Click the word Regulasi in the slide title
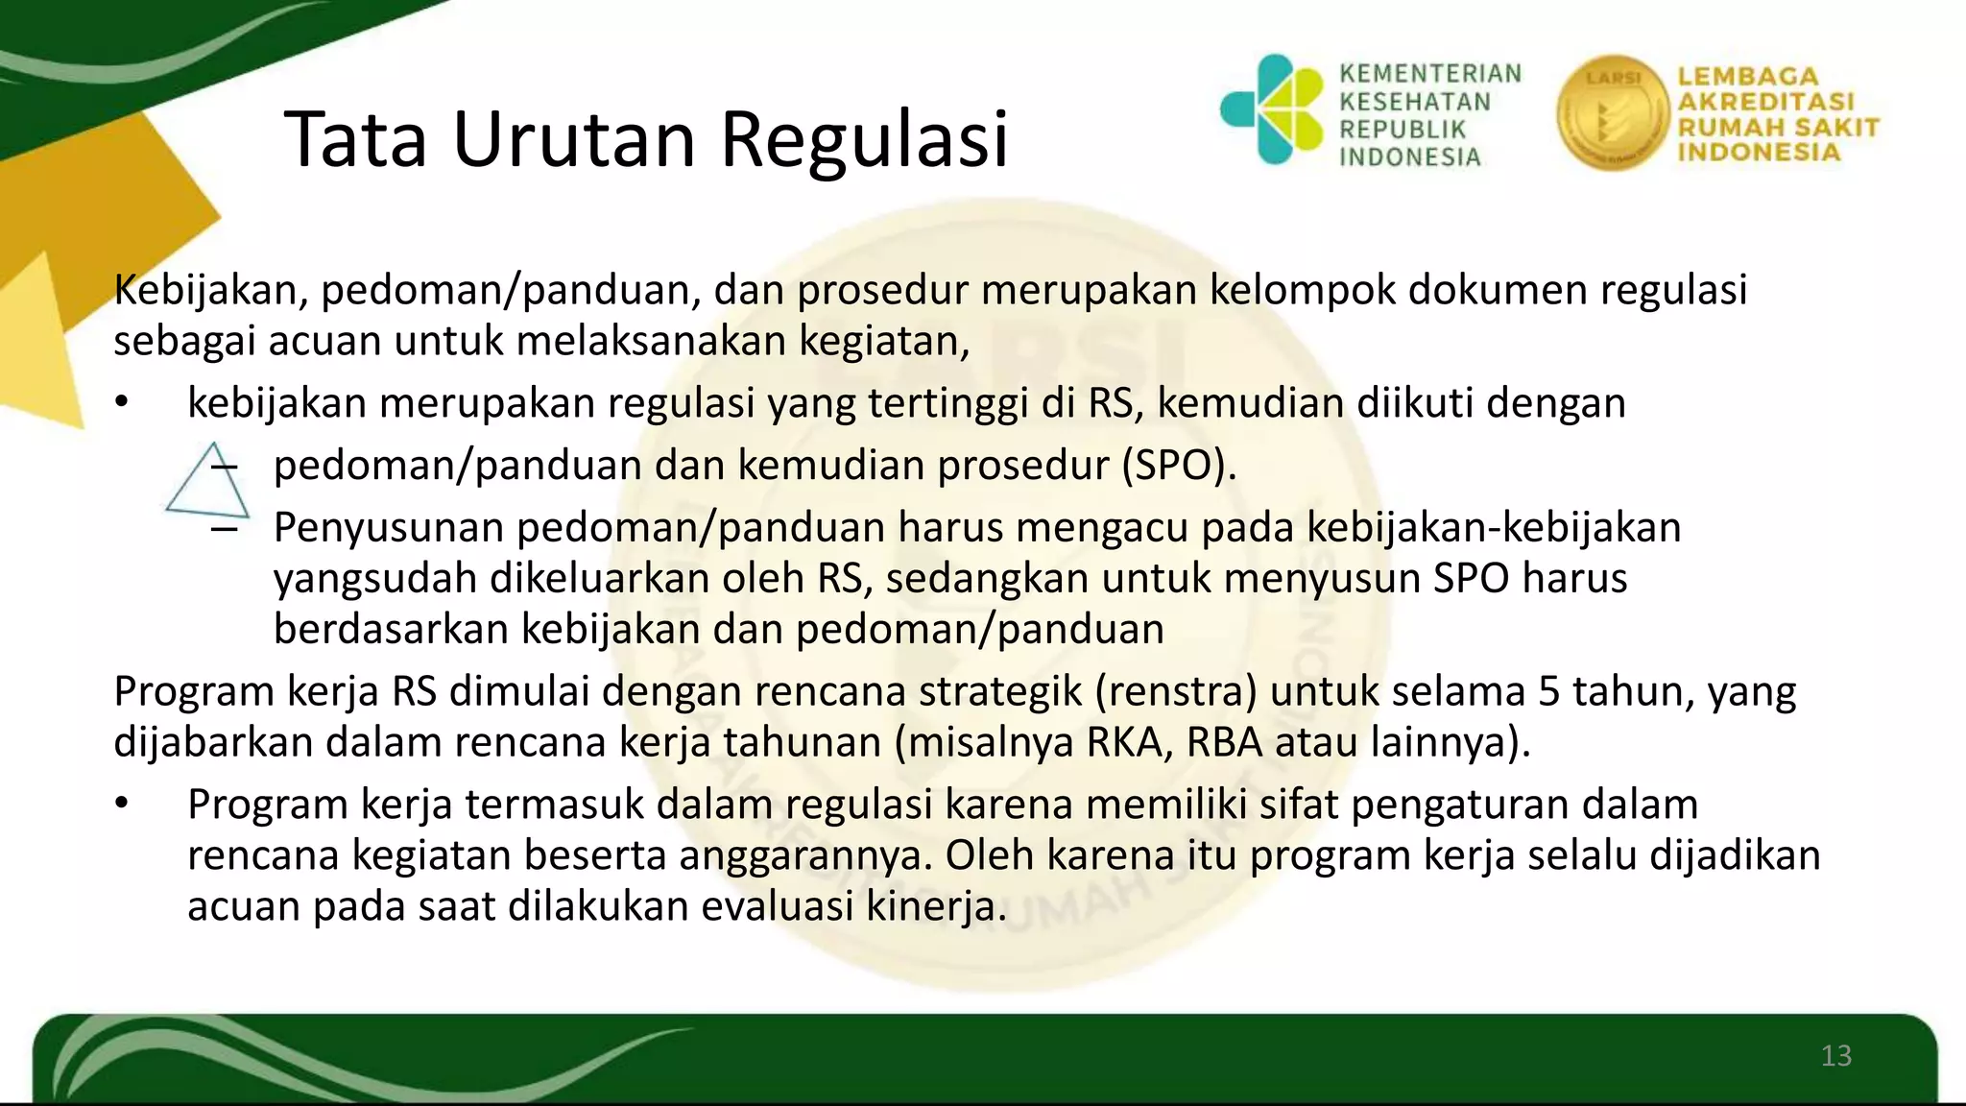(864, 140)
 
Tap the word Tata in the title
(355, 140)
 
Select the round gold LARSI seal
(1612, 113)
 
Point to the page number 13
(1835, 1056)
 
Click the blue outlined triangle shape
(207, 482)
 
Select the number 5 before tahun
(1549, 691)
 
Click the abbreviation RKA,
(1130, 742)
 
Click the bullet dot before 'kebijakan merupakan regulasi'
(120, 403)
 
